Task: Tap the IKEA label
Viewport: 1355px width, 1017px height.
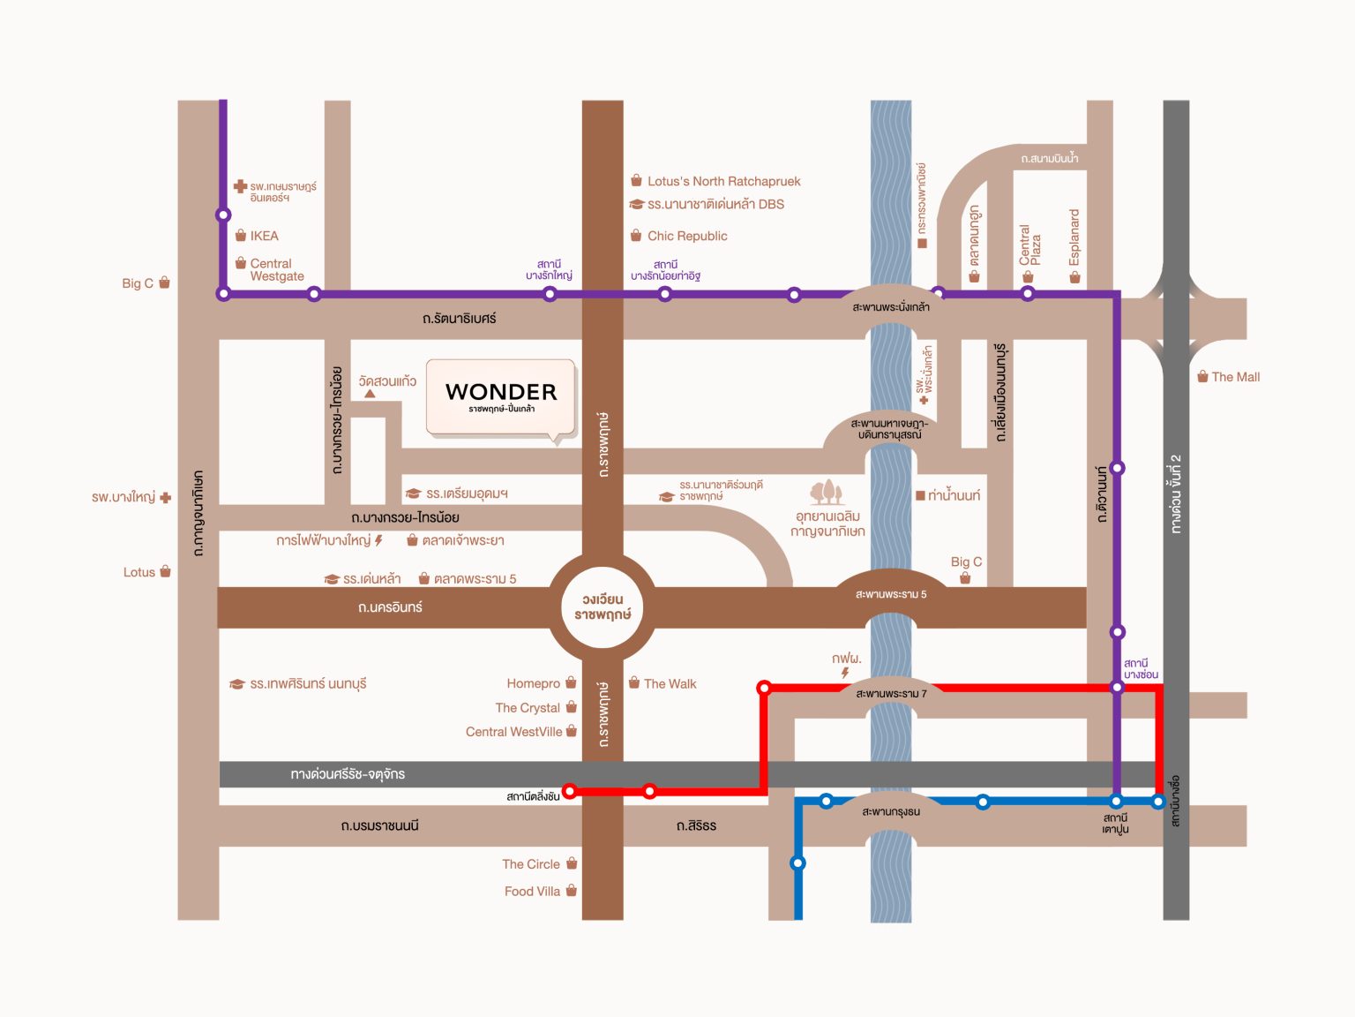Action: [x=265, y=236]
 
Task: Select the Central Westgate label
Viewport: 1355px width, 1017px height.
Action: [x=277, y=270]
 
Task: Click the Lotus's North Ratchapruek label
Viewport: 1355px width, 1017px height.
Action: [x=723, y=181]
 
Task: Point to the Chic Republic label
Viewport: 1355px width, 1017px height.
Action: [x=687, y=236]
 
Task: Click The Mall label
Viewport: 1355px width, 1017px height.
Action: [x=1235, y=377]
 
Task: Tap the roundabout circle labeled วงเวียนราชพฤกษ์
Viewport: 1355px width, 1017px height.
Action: [x=602, y=607]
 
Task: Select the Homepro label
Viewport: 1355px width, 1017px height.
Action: [x=534, y=683]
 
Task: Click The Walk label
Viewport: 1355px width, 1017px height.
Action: [x=670, y=683]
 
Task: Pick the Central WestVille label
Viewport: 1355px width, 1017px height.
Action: [x=513, y=732]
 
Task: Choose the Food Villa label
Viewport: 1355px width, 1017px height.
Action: [x=532, y=891]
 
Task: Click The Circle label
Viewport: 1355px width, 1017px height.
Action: [x=531, y=864]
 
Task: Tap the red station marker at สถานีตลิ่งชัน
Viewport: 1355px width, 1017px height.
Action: [x=569, y=791]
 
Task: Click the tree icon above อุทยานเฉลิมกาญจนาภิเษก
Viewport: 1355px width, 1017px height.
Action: [x=827, y=492]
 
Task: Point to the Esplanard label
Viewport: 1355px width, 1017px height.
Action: [x=1074, y=237]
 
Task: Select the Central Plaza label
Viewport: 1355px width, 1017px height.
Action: [x=1029, y=245]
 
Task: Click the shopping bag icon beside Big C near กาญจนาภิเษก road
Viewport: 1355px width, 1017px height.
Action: [x=164, y=282]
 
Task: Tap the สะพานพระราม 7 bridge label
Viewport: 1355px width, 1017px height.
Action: [x=891, y=693]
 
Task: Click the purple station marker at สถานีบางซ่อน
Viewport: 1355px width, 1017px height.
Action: [x=1117, y=687]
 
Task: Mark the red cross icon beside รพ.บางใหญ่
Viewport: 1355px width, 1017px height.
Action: [x=166, y=497]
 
